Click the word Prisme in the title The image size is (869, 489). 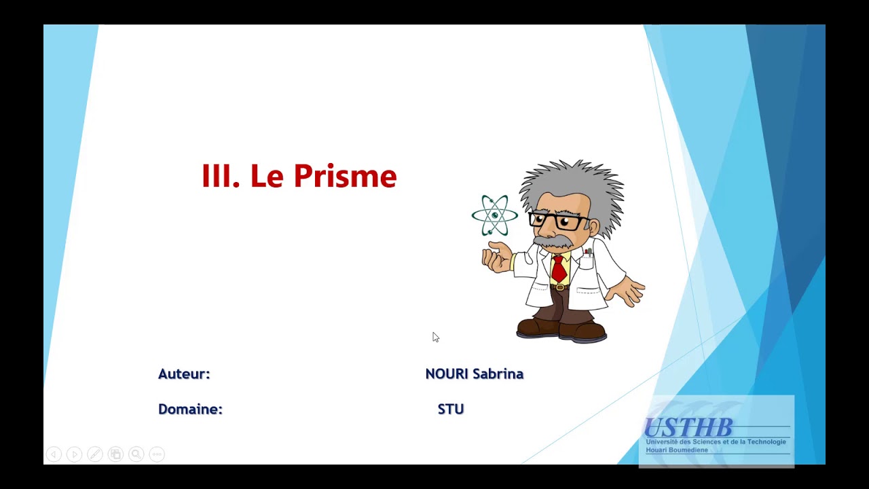coord(345,177)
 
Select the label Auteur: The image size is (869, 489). coord(184,374)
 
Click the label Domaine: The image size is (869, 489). coord(190,410)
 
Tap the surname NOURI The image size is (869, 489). coord(447,374)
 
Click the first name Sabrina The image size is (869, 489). coord(498,374)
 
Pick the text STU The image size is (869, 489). coord(451,410)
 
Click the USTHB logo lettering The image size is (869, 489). coord(688,428)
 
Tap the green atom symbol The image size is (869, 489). coord(495,215)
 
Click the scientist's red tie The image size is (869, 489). coord(559,268)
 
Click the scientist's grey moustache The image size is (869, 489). coord(553,242)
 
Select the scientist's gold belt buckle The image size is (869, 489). coord(559,287)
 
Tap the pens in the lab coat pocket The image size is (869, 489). coord(588,253)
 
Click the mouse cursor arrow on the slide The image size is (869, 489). coord(435,337)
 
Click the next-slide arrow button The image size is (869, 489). coord(74,454)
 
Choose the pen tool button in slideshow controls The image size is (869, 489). coord(95,454)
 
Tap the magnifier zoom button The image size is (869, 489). coord(136,454)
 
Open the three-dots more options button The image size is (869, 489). coord(157,454)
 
